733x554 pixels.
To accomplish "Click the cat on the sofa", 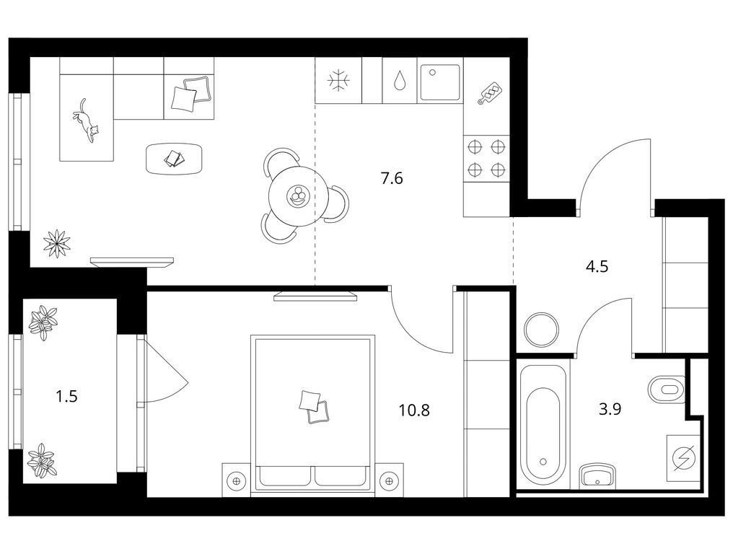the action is [87, 120].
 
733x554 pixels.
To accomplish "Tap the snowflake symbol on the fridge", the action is [338, 80].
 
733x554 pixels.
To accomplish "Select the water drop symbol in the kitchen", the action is [399, 80].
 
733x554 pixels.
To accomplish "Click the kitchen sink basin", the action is [439, 82].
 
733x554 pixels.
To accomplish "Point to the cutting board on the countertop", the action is [488, 93].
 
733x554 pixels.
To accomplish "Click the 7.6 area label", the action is [392, 179].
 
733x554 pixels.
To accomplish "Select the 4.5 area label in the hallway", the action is [597, 267].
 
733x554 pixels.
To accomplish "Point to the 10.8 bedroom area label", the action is [414, 410].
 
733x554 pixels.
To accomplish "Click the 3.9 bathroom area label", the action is [610, 410].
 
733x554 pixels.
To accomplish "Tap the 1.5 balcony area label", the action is [66, 397].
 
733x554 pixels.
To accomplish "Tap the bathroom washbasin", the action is [597, 476].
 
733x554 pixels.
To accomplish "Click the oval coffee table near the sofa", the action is [175, 159].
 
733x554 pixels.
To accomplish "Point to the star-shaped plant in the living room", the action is [56, 244].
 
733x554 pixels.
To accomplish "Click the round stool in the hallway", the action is [541, 330].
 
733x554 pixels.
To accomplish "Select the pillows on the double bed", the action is [314, 407].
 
